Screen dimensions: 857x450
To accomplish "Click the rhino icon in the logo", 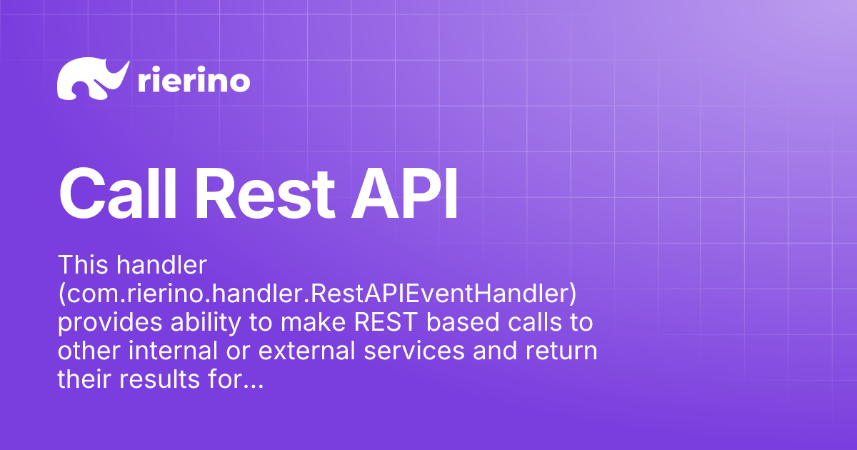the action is coord(92,79).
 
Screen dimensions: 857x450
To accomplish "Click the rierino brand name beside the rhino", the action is coord(194,79).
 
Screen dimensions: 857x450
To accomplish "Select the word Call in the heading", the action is coord(117,194).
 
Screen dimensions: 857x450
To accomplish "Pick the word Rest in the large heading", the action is coord(266,194).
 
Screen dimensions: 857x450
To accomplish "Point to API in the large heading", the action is coord(404,194).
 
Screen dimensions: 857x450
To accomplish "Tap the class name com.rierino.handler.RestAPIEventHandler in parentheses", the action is coord(317,294).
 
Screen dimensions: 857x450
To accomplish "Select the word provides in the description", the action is coord(110,323).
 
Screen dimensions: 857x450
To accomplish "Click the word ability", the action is coord(206,323).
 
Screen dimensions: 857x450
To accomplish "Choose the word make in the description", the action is coord(313,322).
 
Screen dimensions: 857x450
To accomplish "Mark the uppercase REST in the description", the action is coord(386,322).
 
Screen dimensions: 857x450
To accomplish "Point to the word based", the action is coord(463,322).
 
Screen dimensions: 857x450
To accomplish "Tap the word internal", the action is coord(173,351).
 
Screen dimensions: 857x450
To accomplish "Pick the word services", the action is coord(414,351).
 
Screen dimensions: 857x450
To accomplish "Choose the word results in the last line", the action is coord(160,379).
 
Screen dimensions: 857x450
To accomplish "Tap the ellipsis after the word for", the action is coord(253,386).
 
